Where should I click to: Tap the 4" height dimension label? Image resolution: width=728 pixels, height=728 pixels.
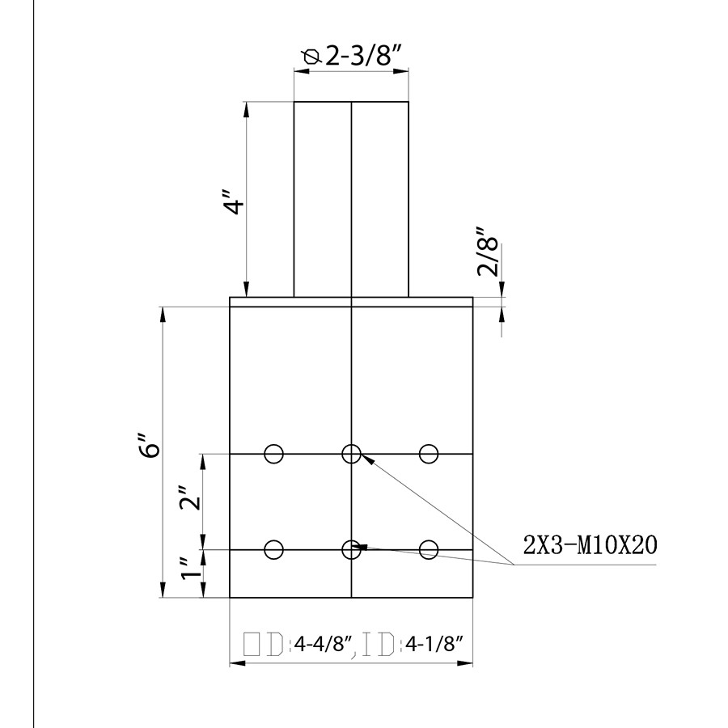point(234,203)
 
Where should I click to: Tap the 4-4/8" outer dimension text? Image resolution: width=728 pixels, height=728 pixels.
point(324,645)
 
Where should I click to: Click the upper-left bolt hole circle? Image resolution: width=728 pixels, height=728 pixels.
point(274,454)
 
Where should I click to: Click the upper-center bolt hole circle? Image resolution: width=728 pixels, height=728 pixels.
point(351,453)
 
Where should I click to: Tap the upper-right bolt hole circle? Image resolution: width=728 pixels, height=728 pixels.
point(429,454)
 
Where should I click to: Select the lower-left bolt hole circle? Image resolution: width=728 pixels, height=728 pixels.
point(274,549)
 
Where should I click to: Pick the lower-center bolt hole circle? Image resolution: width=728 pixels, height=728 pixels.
point(351,549)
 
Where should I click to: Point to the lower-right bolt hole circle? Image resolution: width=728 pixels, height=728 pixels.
point(429,549)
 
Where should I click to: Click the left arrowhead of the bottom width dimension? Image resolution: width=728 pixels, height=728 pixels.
point(235,664)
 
